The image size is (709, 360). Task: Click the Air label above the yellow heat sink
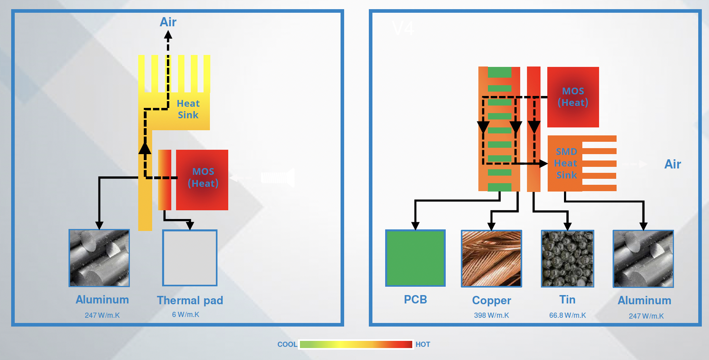pyautogui.click(x=168, y=22)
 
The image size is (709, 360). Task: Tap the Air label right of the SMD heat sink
pyautogui.click(x=672, y=164)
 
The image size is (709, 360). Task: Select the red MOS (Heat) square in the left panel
pyautogui.click(x=202, y=180)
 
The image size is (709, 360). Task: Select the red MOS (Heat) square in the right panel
pyautogui.click(x=573, y=97)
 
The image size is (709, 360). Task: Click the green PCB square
pyautogui.click(x=415, y=258)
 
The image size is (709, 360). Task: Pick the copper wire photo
pyautogui.click(x=492, y=258)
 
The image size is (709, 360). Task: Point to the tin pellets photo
pyautogui.click(x=568, y=258)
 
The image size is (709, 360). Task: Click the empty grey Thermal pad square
pyautogui.click(x=190, y=258)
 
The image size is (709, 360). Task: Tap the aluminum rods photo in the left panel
pyautogui.click(x=99, y=258)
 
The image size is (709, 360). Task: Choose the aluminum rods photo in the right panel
pyautogui.click(x=643, y=258)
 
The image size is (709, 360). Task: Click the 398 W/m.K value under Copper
pyautogui.click(x=492, y=315)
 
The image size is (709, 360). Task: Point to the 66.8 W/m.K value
pyautogui.click(x=568, y=315)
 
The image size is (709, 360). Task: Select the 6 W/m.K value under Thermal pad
pyautogui.click(x=186, y=315)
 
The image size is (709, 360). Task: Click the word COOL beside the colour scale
pyautogui.click(x=287, y=344)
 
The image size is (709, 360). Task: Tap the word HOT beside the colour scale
pyautogui.click(x=423, y=344)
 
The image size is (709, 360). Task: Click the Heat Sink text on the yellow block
pyautogui.click(x=188, y=109)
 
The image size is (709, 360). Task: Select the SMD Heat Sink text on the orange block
pyautogui.click(x=566, y=163)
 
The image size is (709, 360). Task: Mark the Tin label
pyautogui.click(x=567, y=299)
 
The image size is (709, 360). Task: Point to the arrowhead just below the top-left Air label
pyautogui.click(x=168, y=35)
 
